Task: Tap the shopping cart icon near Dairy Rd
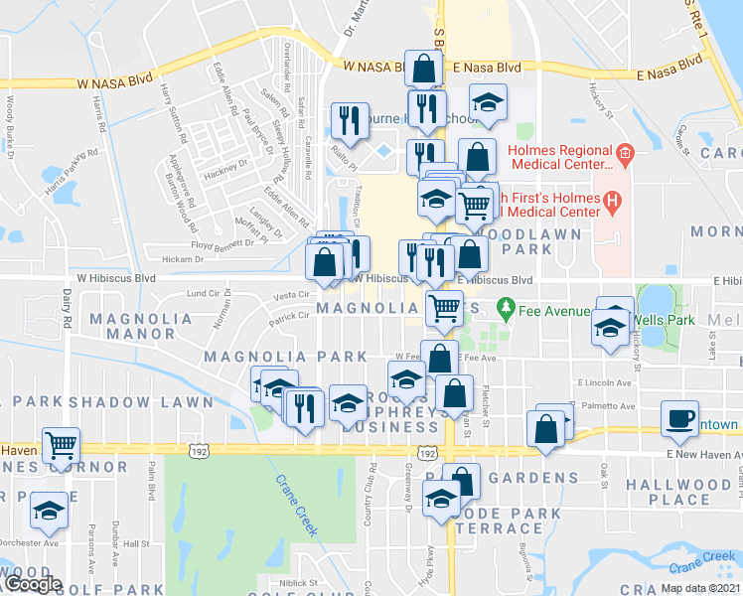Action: (62, 447)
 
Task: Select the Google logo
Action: (32, 584)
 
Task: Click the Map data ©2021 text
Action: (699, 588)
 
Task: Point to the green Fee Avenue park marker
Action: (506, 310)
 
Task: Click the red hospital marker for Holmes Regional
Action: (624, 153)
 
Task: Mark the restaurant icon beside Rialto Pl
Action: (349, 121)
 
